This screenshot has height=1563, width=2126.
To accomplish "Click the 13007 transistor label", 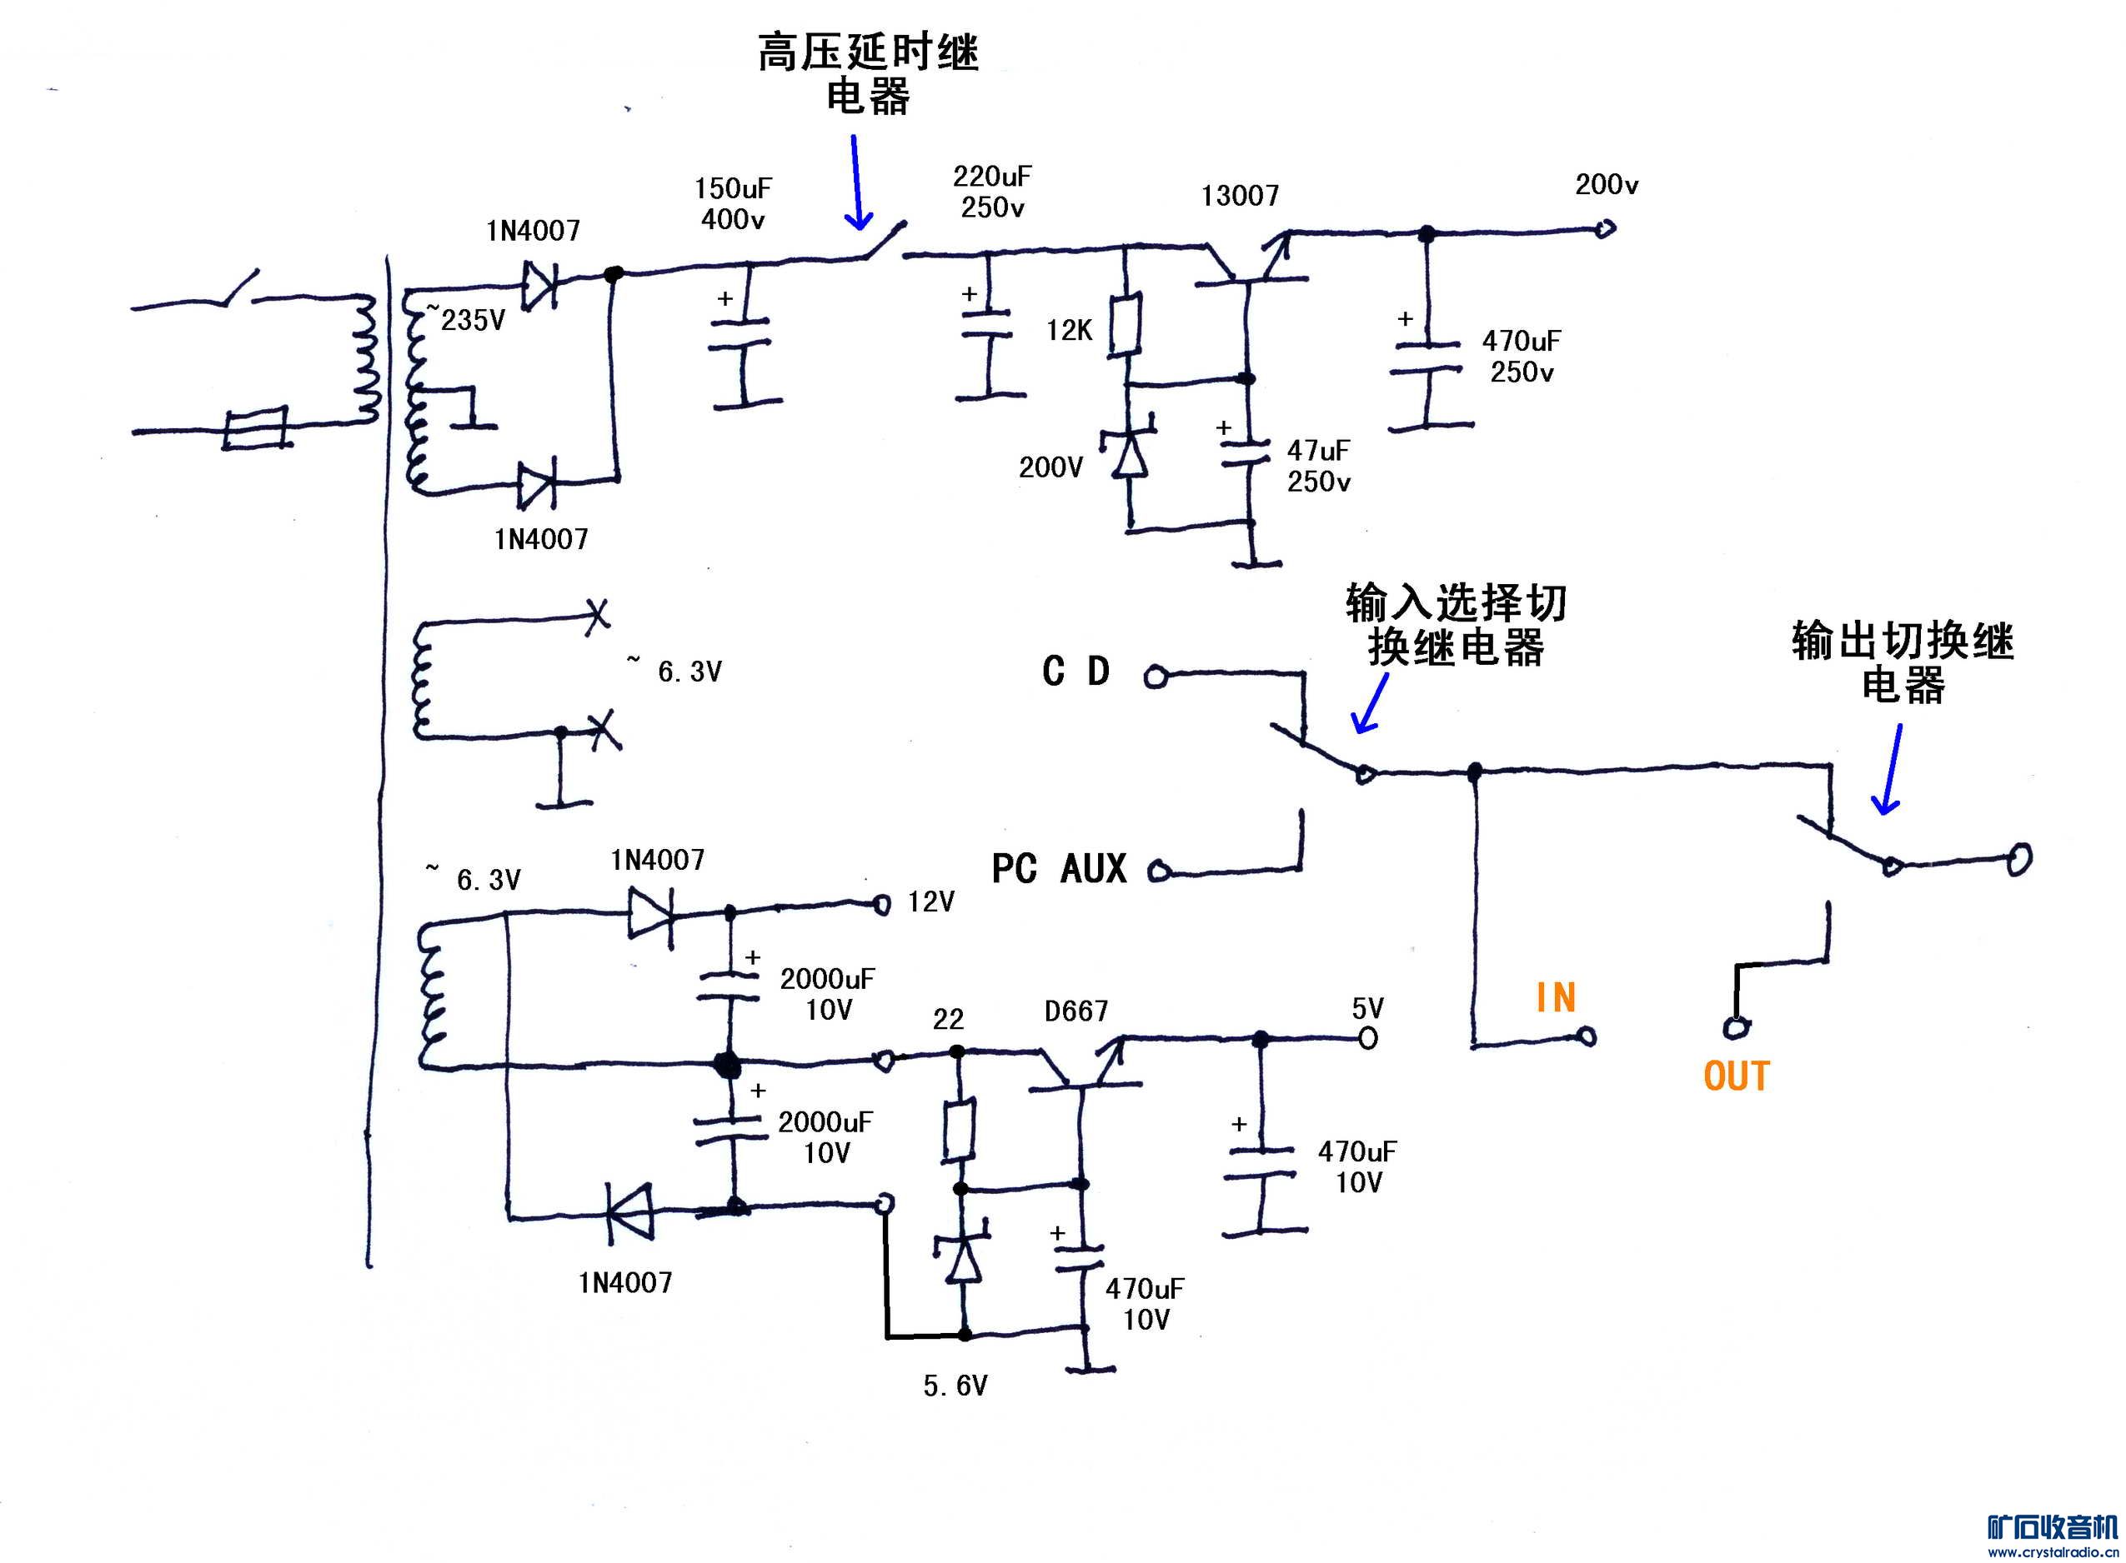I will [1239, 196].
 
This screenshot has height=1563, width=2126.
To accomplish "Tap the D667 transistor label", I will [1076, 1011].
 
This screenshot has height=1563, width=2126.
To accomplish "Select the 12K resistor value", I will [1069, 330].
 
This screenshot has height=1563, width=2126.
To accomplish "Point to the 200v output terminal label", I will [1607, 184].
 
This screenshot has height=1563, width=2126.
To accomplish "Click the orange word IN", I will [1555, 997].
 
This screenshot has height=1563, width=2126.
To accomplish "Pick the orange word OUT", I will [1736, 1076].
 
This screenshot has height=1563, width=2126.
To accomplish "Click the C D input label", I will [1076, 672].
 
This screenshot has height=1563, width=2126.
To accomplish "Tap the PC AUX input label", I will [1058, 868].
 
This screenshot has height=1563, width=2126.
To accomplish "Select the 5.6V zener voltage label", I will [955, 1386].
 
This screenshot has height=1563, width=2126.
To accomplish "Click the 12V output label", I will [930, 901].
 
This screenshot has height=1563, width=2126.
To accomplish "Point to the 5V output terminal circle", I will [1368, 1038].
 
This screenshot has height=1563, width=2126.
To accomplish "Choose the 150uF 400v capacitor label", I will [733, 203].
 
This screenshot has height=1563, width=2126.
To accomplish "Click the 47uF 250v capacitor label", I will [1317, 466].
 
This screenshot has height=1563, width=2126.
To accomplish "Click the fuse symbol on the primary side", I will [256, 428].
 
